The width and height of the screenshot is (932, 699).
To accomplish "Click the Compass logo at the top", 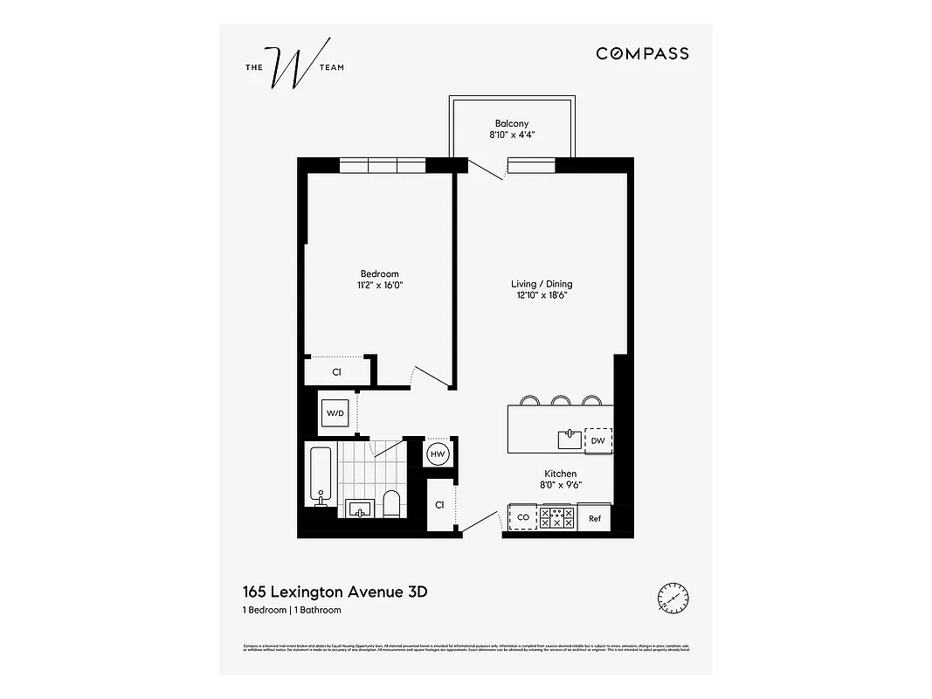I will [642, 53].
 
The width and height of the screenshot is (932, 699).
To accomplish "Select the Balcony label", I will [511, 124].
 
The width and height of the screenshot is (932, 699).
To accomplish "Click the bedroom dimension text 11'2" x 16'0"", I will [380, 285].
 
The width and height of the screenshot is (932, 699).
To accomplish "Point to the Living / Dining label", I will [542, 284].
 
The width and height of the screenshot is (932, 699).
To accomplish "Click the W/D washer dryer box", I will [336, 412].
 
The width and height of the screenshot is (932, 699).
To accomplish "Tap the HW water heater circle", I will [438, 453].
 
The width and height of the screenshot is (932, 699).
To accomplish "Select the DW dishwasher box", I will [597, 441].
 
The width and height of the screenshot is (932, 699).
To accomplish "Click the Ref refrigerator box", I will [594, 518].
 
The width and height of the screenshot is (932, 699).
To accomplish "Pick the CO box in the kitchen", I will [523, 517].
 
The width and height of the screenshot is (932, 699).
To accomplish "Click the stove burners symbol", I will [556, 517].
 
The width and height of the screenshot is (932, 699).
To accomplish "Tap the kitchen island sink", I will [570, 439].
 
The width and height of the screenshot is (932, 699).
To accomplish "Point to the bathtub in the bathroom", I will [320, 476].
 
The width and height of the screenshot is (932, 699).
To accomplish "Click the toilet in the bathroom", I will [391, 503].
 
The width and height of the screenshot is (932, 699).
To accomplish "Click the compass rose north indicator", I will [672, 599].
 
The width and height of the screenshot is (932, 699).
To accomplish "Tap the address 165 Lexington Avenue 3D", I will [335, 592].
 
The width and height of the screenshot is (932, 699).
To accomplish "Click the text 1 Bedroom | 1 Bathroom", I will [292, 610].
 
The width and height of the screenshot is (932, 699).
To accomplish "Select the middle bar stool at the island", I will [561, 401].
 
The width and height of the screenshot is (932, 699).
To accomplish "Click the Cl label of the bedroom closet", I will [336, 372].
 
